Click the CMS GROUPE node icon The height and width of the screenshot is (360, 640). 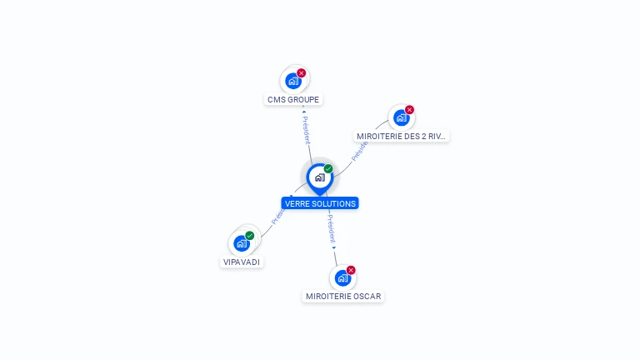292,81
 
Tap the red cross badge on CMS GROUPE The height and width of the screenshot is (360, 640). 302,73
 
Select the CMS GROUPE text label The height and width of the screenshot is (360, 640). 292,100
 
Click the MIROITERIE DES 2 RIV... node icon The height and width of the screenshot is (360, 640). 401,117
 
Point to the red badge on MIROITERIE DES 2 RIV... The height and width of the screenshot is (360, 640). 409,110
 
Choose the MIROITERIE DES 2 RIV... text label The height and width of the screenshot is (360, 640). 402,136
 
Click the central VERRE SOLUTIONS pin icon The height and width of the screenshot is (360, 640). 319,177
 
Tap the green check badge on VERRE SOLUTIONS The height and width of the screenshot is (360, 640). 328,169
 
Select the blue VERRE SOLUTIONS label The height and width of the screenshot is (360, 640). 320,203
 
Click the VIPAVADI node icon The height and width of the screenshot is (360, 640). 242,243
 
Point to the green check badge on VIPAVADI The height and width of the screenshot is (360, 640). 250,236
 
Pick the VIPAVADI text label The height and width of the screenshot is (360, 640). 242,262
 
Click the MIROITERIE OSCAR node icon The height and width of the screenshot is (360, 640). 342,277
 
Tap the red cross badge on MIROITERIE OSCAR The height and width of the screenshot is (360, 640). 351,270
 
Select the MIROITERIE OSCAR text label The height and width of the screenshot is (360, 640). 343,296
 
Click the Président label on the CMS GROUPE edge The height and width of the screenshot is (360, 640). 306,130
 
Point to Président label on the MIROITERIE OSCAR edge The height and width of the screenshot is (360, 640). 331,227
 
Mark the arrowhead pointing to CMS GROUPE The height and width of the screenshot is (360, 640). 303,111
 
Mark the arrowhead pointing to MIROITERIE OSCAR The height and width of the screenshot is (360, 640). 334,247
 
